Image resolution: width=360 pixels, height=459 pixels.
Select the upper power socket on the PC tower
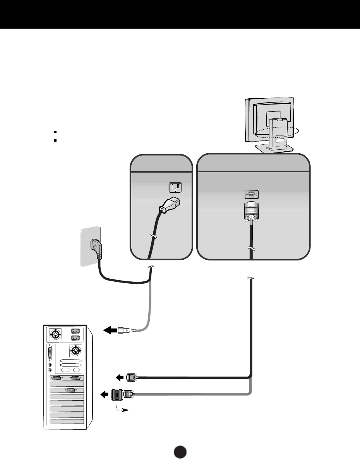[x=75, y=331]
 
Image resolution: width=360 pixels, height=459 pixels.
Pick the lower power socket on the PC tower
[x=75, y=338]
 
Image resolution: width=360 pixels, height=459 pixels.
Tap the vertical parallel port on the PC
[x=50, y=354]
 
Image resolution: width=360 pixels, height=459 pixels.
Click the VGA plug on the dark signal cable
[x=130, y=376]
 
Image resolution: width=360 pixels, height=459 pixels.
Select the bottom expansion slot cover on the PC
[x=67, y=421]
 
